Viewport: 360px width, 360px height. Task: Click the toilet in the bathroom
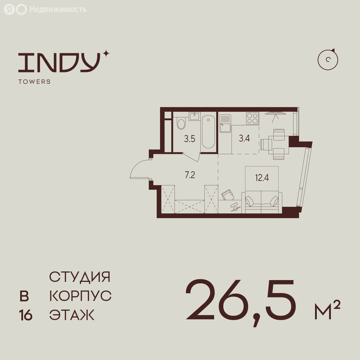181,124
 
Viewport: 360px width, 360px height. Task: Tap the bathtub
208,132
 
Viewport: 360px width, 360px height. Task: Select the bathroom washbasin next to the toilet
195,116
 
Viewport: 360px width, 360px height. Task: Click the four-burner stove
252,118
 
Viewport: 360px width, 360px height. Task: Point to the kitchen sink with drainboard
225,124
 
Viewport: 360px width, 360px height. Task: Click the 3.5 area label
190,139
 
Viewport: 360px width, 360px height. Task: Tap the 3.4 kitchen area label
244,138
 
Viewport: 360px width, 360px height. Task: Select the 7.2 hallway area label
190,175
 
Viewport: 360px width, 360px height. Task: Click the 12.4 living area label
262,178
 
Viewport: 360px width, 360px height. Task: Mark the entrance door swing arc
135,166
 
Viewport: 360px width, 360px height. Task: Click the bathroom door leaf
191,157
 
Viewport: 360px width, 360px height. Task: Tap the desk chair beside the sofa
228,195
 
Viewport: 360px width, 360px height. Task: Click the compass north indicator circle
328,60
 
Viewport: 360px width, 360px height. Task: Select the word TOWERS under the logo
34,82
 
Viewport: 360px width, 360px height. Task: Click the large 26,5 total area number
240,302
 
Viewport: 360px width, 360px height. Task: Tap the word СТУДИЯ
80,277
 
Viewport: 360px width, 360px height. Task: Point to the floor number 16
26,315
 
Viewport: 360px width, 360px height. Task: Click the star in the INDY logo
105,54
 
